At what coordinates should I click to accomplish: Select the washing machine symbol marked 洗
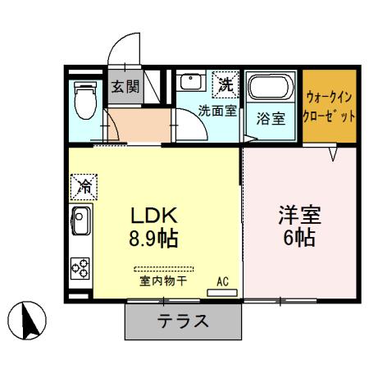click(x=225, y=83)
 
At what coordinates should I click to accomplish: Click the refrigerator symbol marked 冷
click(x=84, y=187)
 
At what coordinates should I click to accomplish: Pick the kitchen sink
click(x=82, y=221)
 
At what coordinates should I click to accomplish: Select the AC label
click(x=222, y=281)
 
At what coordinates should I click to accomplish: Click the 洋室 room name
click(x=299, y=217)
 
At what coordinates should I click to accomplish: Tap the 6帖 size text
click(x=299, y=240)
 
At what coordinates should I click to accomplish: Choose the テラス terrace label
click(x=184, y=321)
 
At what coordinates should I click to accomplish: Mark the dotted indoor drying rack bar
click(x=164, y=268)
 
